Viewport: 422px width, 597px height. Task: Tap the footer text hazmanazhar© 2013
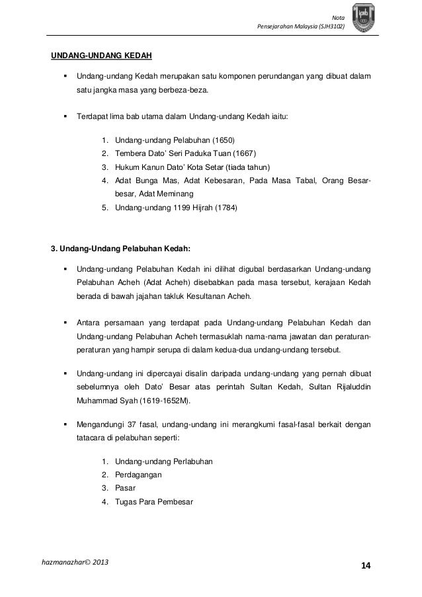pos(75,563)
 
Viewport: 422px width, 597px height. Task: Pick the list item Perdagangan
pos(138,475)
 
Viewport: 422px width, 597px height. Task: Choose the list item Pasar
pos(125,488)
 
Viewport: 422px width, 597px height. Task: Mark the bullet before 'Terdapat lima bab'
pos(65,116)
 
